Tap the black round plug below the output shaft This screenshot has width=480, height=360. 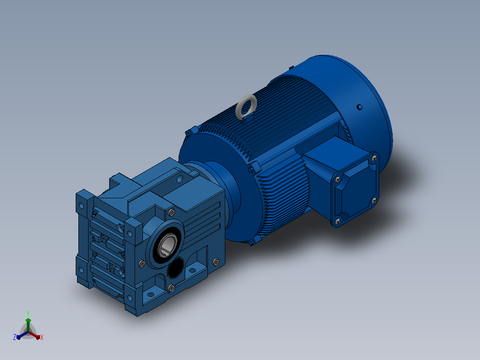coord(175,268)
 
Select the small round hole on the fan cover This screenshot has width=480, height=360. coord(360,107)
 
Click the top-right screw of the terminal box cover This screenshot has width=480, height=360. coord(374,159)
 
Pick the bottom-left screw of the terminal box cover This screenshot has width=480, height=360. coord(338,221)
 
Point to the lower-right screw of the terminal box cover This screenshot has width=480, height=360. coord(374,200)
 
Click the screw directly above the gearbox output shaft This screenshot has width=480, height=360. coord(172,213)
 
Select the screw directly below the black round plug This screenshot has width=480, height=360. coord(171,288)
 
